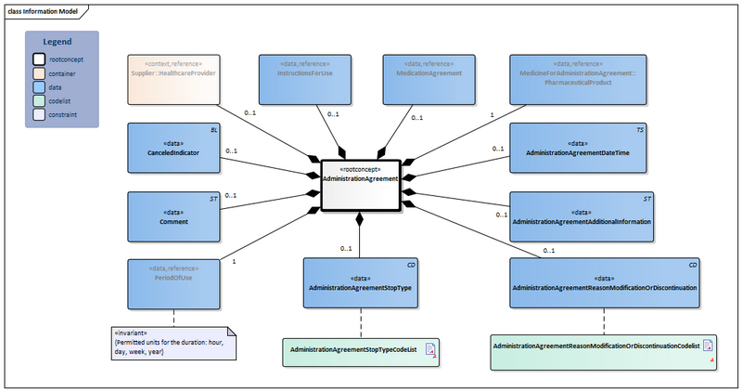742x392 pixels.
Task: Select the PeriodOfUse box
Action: [x=173, y=282]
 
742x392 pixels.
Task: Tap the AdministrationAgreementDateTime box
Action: [x=582, y=149]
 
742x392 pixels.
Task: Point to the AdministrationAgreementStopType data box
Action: [x=361, y=282]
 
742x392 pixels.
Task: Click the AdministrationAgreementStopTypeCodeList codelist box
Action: [x=361, y=350]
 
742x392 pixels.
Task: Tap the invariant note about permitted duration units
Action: [x=173, y=343]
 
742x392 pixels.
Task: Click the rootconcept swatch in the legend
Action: [x=39, y=59]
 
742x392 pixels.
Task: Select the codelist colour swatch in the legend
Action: [x=39, y=101]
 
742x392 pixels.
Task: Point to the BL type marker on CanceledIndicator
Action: [x=213, y=131]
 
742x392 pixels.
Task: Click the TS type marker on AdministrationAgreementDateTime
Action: [x=639, y=131]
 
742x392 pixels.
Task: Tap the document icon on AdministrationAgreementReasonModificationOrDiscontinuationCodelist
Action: [x=708, y=346]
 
